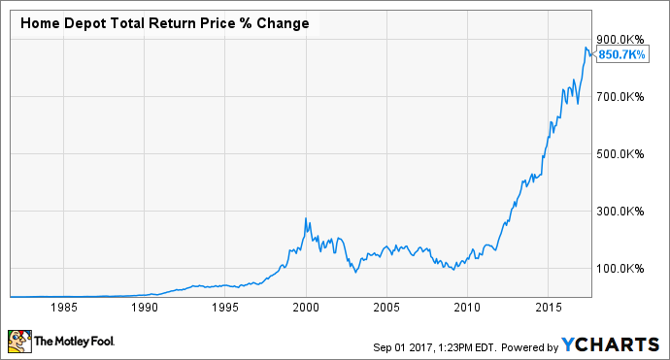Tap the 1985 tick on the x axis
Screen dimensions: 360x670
click(65, 307)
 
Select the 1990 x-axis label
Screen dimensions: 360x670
click(145, 307)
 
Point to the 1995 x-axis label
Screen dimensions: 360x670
click(225, 307)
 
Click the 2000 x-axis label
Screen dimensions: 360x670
click(306, 307)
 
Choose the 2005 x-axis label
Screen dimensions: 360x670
click(386, 307)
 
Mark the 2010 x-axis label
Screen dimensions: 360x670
click(467, 307)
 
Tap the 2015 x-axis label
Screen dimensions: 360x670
click(548, 307)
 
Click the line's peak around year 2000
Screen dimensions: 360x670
click(306, 218)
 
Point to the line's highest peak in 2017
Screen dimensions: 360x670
click(586, 48)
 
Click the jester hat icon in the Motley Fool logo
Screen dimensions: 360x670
click(18, 342)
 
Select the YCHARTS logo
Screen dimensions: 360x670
click(613, 344)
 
